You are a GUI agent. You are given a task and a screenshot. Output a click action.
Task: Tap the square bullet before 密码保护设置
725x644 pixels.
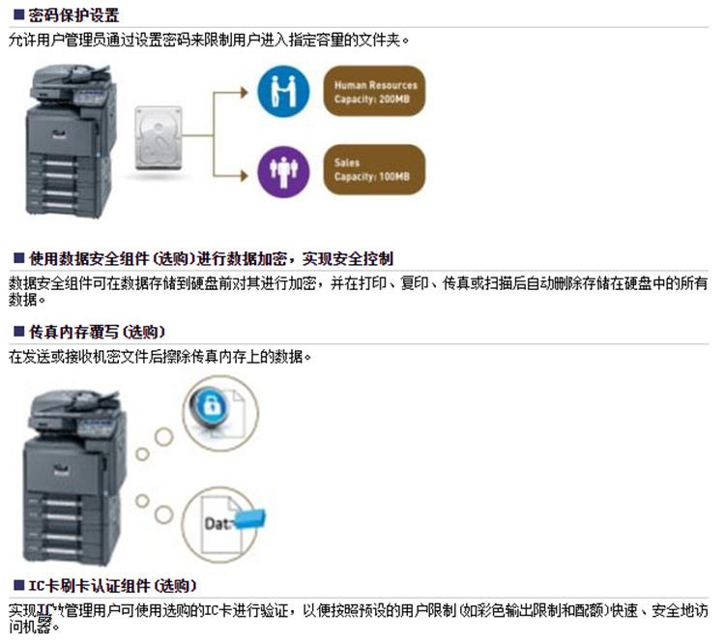[x=19, y=15]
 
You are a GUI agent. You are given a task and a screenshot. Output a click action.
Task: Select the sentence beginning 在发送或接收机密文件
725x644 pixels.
[x=159, y=357]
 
